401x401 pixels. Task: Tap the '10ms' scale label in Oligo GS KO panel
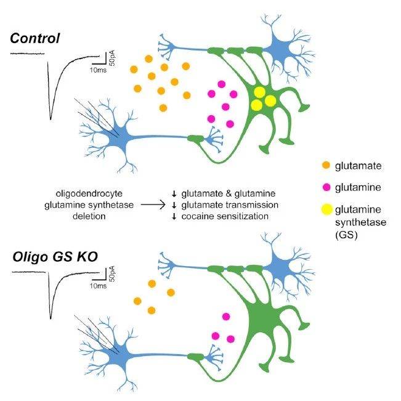[x=97, y=286]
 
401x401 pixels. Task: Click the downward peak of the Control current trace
[x=51, y=117]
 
